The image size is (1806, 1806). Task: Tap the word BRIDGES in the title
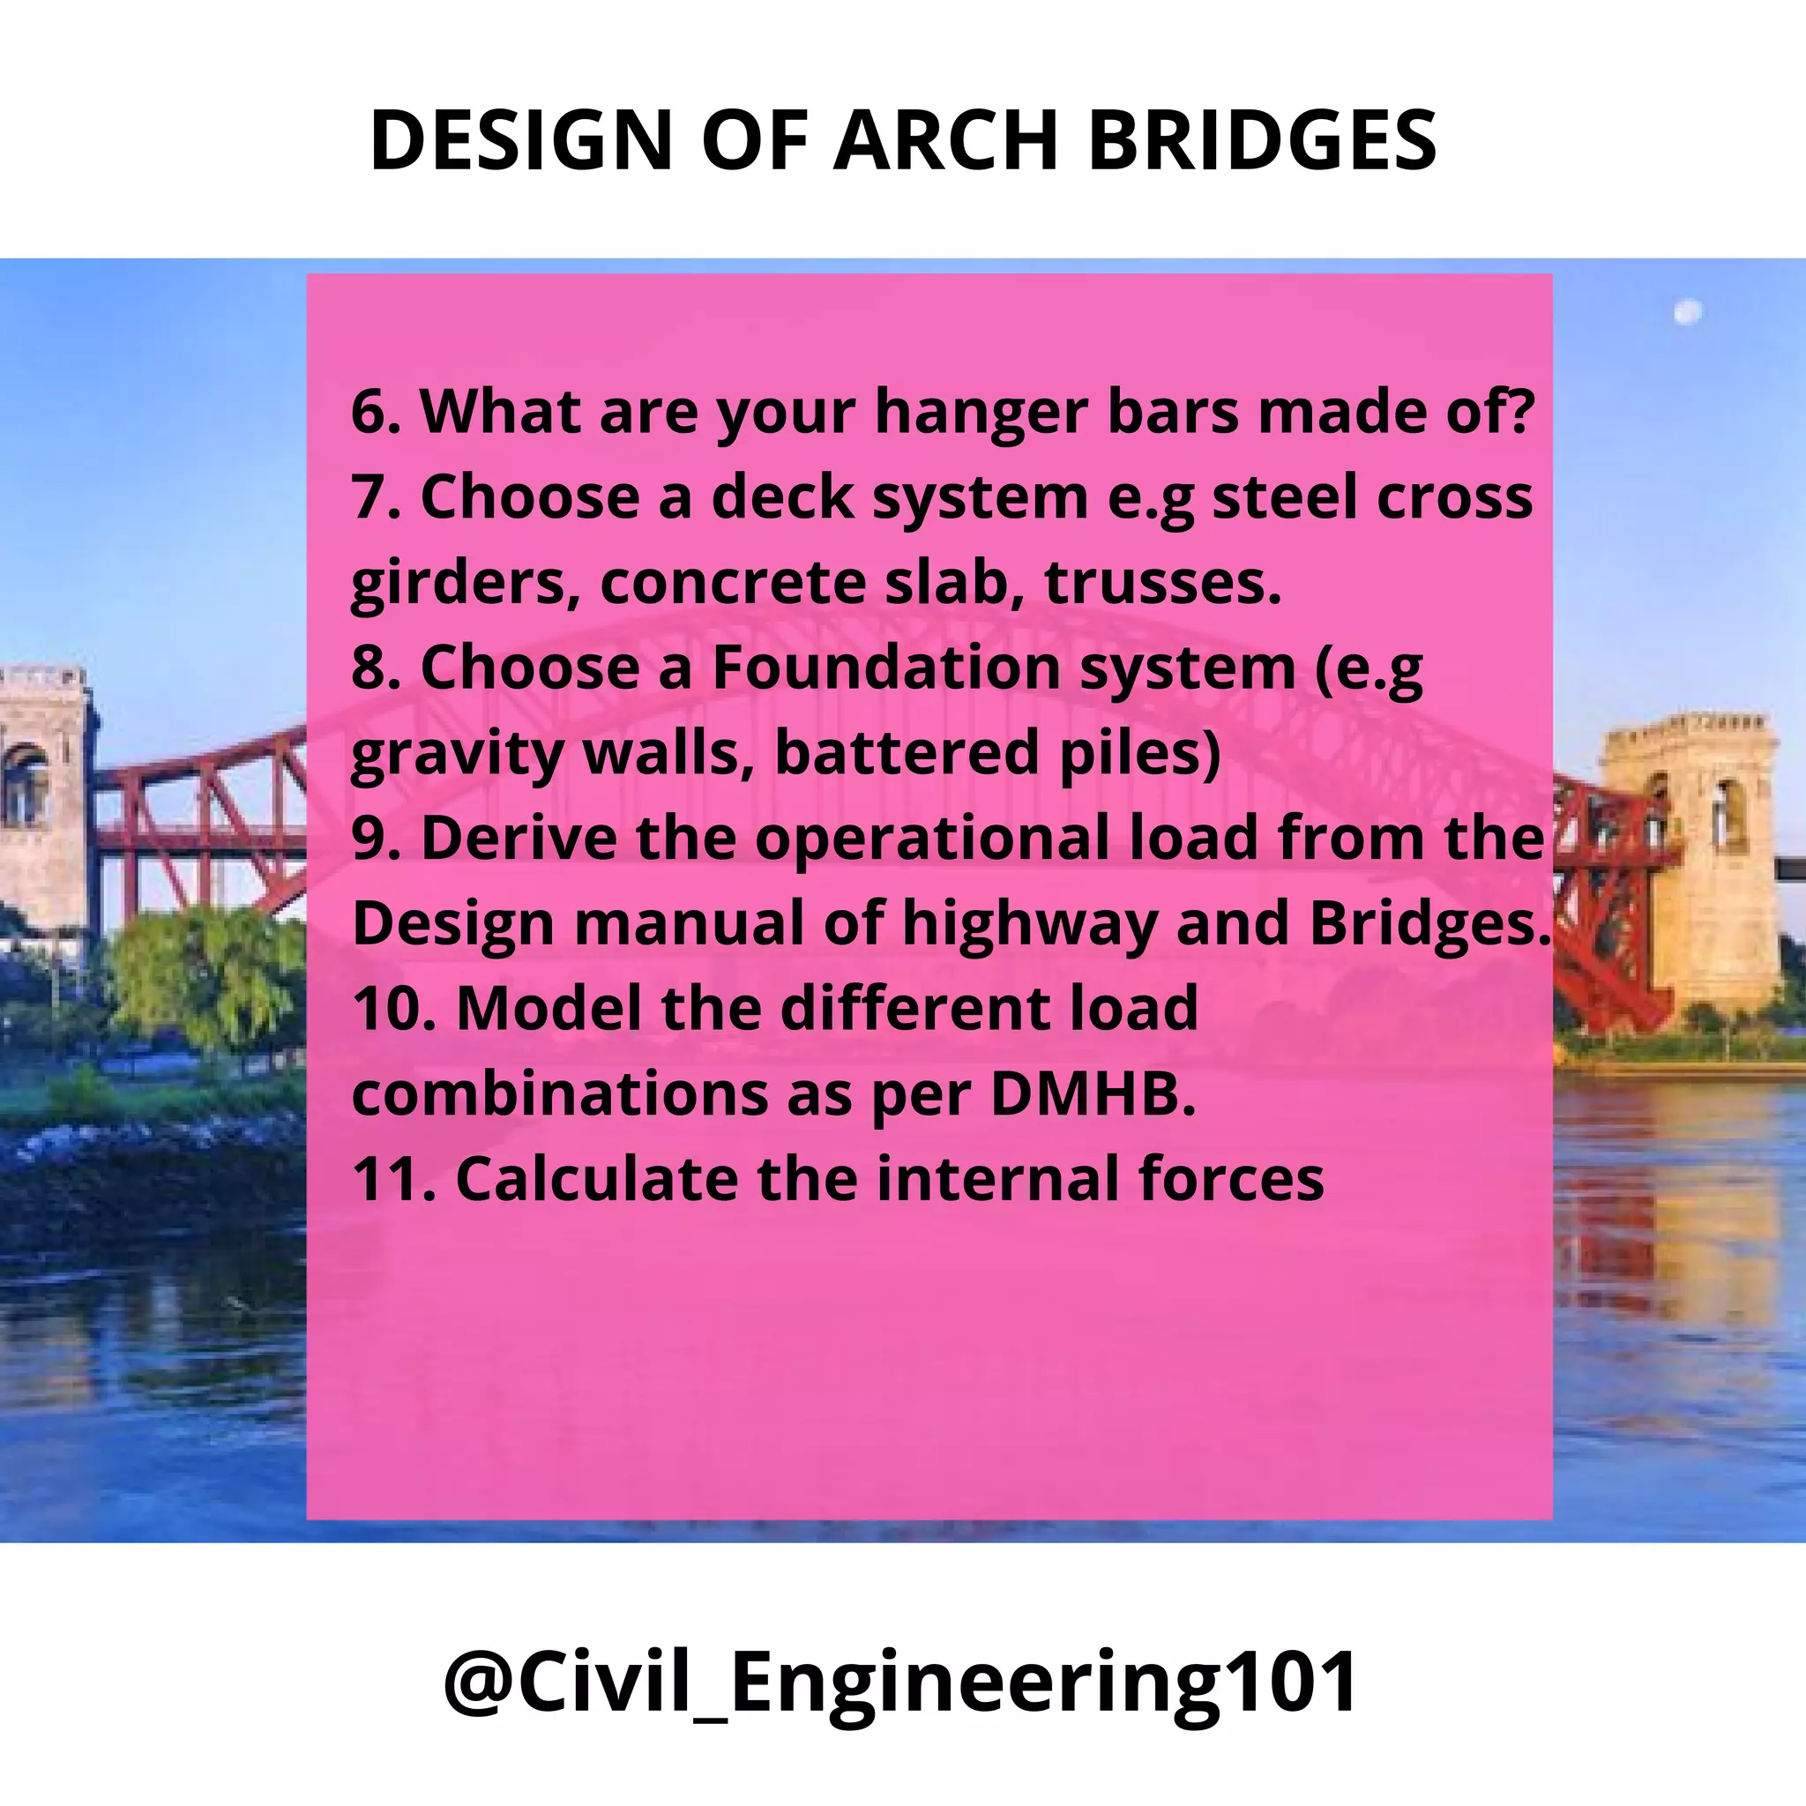[1262, 140]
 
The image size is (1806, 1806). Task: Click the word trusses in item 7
[1162, 581]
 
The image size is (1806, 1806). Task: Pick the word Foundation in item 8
[885, 668]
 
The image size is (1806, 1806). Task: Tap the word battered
[905, 752]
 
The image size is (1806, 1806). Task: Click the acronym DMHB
[1092, 1093]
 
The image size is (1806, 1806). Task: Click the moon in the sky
[1687, 312]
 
